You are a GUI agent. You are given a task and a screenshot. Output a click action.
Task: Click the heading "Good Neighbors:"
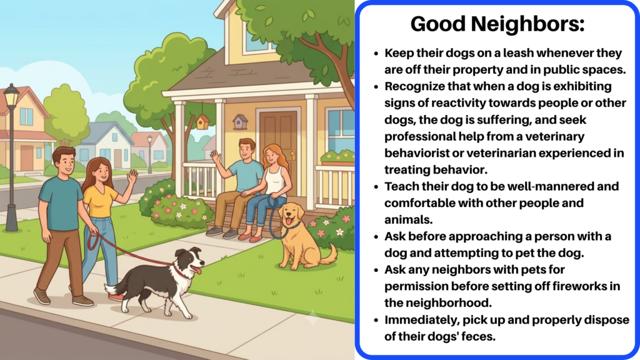coord(497,24)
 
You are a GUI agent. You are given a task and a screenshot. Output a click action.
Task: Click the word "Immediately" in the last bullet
coord(422,320)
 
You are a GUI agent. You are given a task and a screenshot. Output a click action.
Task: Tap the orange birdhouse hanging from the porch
coord(202,121)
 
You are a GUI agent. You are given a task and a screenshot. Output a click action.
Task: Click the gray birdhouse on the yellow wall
coord(240,122)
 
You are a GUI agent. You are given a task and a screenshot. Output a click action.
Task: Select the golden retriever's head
coord(292,216)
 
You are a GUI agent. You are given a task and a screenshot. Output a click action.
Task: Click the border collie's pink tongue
coord(197,270)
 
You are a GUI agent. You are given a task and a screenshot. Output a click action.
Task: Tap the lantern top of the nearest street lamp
coord(11,96)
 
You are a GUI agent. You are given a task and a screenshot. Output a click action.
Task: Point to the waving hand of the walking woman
coord(132,177)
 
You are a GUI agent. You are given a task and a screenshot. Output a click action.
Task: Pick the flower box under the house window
coord(337,159)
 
